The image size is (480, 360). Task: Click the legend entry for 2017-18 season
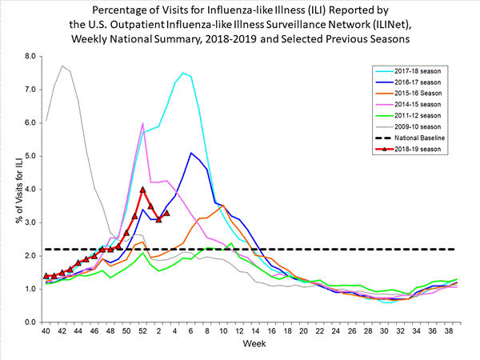click(x=428, y=72)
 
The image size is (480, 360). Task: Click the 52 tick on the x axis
click(x=142, y=332)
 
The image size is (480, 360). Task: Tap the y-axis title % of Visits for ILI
click(x=11, y=189)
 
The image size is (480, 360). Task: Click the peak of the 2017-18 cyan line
click(x=184, y=73)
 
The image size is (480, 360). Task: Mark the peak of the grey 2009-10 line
click(x=62, y=66)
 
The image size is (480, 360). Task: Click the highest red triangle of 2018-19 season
click(x=142, y=190)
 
